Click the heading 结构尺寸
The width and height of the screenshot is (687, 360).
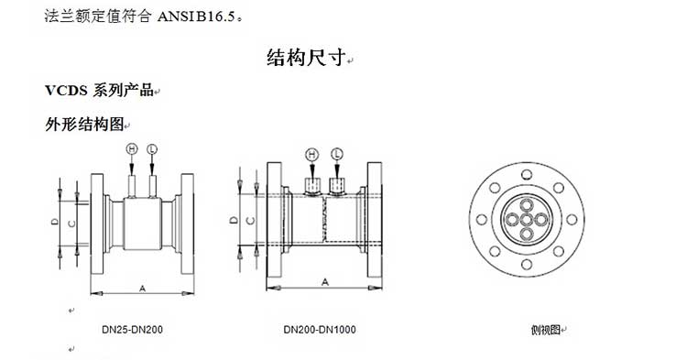[306, 58]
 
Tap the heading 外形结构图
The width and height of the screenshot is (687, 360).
[84, 125]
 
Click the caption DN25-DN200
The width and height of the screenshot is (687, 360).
[132, 330]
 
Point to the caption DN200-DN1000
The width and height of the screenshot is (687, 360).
[320, 330]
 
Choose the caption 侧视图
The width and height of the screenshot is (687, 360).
[546, 330]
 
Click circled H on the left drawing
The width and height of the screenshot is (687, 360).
[131, 149]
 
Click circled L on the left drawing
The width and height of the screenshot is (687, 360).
[151, 149]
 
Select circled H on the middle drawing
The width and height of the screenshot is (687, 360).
[312, 154]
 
